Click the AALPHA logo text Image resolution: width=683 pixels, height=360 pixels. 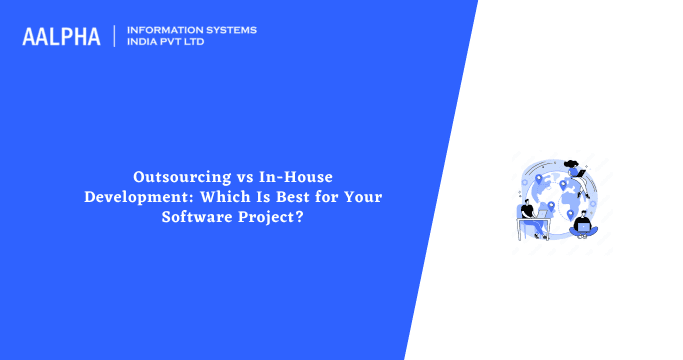pyautogui.click(x=61, y=37)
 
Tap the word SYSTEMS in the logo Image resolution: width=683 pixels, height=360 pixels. pyautogui.click(x=230, y=30)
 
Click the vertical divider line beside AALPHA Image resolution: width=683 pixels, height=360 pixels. pyautogui.click(x=115, y=36)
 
